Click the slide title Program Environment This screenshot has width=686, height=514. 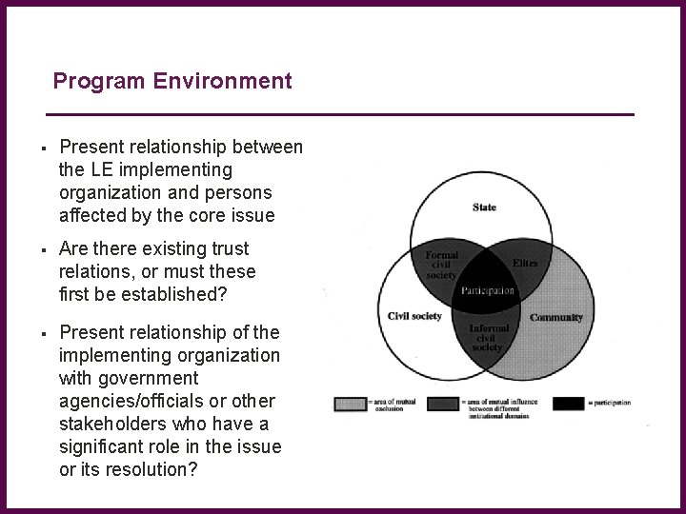coord(172,81)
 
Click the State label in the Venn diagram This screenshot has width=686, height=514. coord(484,208)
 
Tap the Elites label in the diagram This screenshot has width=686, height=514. coord(525,263)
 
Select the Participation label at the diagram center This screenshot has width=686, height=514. coord(487,290)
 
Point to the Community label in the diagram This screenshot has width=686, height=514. coord(556,317)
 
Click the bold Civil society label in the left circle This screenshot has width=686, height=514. coord(414,316)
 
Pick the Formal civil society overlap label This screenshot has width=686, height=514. coord(441,265)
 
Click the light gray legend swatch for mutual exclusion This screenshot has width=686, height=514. coord(349,404)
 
